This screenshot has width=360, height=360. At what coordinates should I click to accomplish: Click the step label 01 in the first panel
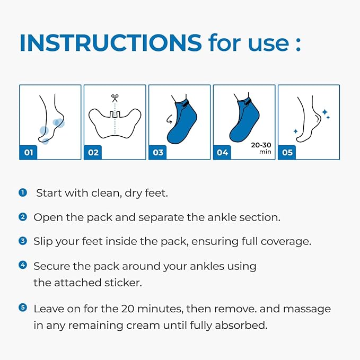[29, 153]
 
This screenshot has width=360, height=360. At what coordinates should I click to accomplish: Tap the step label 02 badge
[93, 153]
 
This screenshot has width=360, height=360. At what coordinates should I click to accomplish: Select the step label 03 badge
[158, 153]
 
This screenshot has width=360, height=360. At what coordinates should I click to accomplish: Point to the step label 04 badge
[223, 153]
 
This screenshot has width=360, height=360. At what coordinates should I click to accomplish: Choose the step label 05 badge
[287, 153]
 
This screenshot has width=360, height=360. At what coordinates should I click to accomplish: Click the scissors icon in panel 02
[115, 98]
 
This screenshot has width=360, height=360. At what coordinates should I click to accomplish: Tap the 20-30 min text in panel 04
[261, 147]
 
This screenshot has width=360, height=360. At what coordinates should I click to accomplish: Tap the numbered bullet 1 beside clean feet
[23, 192]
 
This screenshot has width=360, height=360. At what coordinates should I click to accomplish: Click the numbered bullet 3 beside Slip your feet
[23, 241]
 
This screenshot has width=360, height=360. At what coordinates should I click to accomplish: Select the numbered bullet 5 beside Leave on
[23, 308]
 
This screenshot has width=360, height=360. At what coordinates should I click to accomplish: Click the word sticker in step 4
[125, 283]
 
